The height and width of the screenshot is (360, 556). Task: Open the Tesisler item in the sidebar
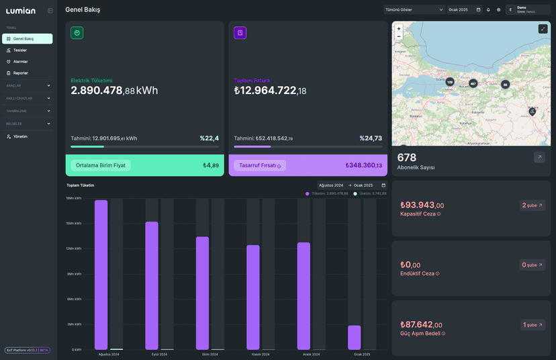click(x=20, y=50)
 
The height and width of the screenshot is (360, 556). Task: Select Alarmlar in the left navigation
click(x=20, y=62)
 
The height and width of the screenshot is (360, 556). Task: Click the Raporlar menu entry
click(x=20, y=73)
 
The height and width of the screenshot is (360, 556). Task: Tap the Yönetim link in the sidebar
click(x=20, y=136)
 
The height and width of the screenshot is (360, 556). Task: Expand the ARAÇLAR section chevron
click(x=48, y=86)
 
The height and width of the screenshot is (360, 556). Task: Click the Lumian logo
click(x=21, y=11)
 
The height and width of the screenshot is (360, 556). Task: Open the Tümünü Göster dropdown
click(x=414, y=10)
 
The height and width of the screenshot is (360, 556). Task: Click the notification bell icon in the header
click(x=488, y=10)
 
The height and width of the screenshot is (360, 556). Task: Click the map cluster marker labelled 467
click(x=473, y=84)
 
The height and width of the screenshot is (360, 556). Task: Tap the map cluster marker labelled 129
click(x=449, y=82)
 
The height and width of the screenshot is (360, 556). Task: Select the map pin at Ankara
click(x=532, y=111)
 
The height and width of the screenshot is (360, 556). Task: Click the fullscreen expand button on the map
click(x=543, y=29)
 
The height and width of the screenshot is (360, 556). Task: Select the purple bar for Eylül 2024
click(x=152, y=285)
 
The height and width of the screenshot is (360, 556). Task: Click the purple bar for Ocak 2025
click(x=354, y=337)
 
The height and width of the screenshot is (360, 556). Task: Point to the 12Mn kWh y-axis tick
click(x=74, y=249)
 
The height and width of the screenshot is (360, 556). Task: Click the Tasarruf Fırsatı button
click(x=260, y=165)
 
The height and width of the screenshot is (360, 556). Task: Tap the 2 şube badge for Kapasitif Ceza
click(x=532, y=206)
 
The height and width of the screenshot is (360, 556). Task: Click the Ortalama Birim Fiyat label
click(x=101, y=165)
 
